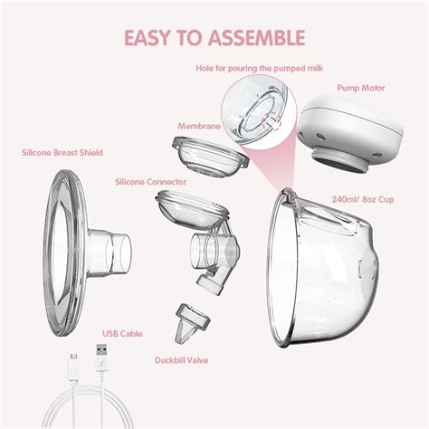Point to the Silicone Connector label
[150, 182]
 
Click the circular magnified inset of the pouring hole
[262, 112]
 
